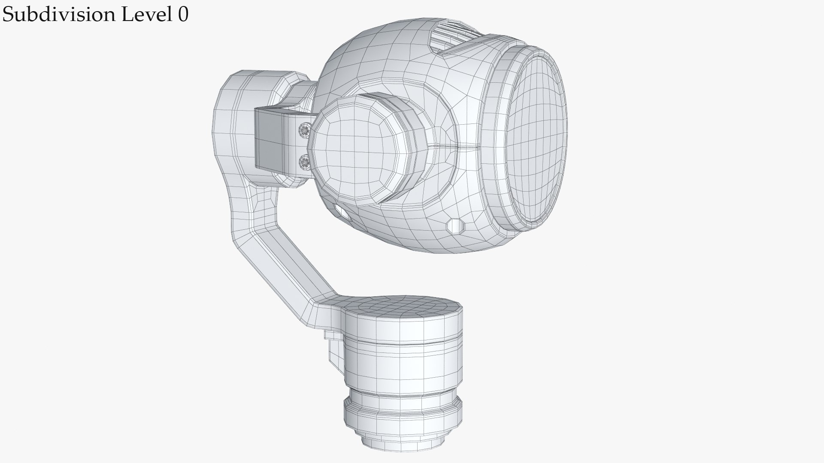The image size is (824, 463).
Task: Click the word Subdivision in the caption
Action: click(x=59, y=15)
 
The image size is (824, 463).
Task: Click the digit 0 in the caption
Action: click(x=183, y=15)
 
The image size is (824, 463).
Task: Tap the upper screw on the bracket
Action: click(x=305, y=129)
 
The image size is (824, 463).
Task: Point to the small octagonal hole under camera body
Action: click(x=455, y=225)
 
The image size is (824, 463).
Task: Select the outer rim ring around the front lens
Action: click(x=494, y=141)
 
